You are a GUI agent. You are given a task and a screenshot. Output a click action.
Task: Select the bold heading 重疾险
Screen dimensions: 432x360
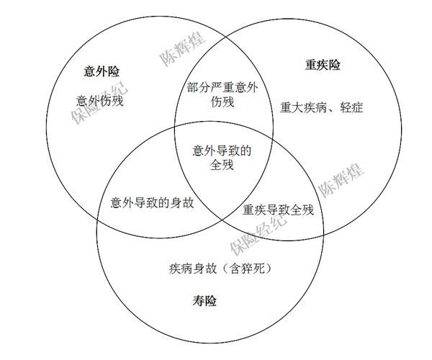click(323, 66)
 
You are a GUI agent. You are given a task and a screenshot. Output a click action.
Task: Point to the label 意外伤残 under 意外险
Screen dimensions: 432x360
click(99, 101)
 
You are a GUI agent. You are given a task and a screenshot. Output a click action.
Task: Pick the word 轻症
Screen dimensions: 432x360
click(352, 109)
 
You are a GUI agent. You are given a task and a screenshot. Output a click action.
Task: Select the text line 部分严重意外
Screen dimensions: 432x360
click(222, 88)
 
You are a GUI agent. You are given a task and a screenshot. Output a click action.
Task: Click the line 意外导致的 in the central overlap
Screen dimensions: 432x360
click(222, 150)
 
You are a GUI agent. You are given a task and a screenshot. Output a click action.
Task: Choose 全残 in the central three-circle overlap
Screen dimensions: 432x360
click(222, 165)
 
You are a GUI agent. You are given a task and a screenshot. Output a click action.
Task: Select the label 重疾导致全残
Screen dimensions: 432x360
click(278, 210)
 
